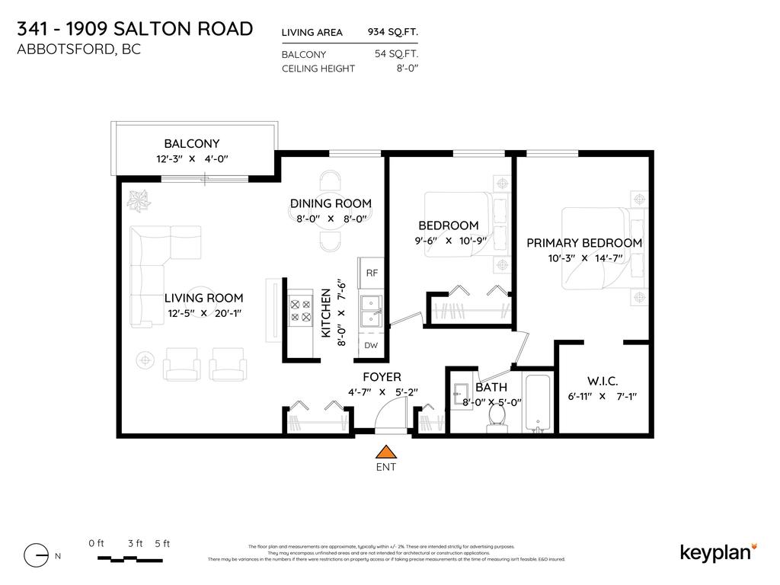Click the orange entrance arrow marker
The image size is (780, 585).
pyautogui.click(x=386, y=451)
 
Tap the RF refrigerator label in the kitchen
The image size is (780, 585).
pyautogui.click(x=372, y=273)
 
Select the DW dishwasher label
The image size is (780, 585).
pyautogui.click(x=372, y=345)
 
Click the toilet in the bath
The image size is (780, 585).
pyautogui.click(x=497, y=417)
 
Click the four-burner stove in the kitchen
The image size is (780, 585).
pyautogui.click(x=299, y=310)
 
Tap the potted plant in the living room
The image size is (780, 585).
pyautogui.click(x=139, y=200)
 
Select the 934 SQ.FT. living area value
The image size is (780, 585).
pyautogui.click(x=392, y=32)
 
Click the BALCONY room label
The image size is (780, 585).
pyautogui.click(x=192, y=143)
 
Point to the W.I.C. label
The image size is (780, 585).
pyautogui.click(x=602, y=381)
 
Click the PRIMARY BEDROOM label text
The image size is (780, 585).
pyautogui.click(x=584, y=243)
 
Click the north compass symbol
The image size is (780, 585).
pyautogui.click(x=37, y=556)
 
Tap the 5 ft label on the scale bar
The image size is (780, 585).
pyautogui.click(x=161, y=543)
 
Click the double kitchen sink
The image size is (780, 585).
pyautogui.click(x=371, y=310)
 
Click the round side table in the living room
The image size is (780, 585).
pyautogui.click(x=144, y=359)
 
